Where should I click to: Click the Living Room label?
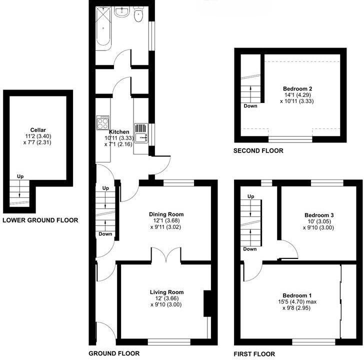pyautogui.click(x=167, y=292)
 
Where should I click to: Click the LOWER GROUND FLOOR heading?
pyautogui.click(x=40, y=220)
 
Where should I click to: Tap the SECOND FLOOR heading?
pyautogui.click(x=258, y=150)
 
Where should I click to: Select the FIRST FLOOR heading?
pyautogui.click(x=255, y=353)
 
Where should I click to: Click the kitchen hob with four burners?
pyautogui.click(x=103, y=121)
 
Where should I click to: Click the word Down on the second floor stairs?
pyautogui.click(x=250, y=106)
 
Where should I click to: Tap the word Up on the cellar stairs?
pyautogui.click(x=20, y=176)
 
